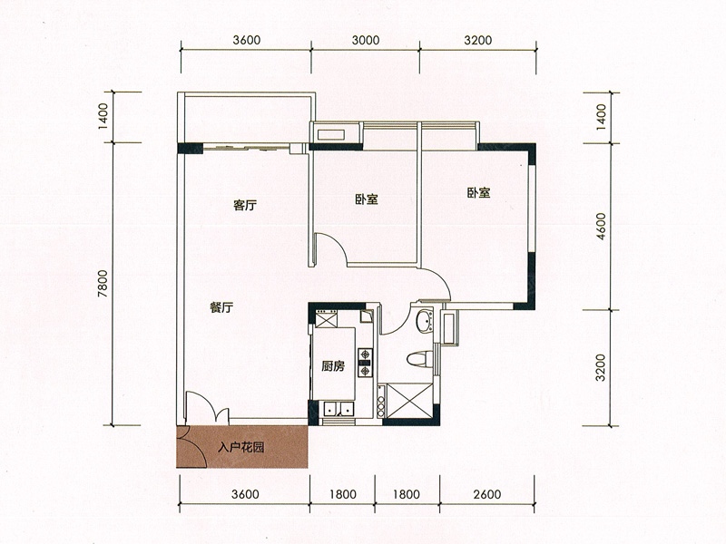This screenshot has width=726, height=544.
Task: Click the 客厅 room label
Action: tap(244, 205)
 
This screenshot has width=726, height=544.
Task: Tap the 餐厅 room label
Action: tap(221, 307)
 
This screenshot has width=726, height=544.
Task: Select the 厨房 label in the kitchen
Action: tap(333, 366)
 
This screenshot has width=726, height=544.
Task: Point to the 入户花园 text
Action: tap(241, 447)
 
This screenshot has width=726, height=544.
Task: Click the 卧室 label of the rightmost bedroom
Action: tap(479, 193)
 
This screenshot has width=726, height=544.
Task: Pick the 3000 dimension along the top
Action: tap(366, 40)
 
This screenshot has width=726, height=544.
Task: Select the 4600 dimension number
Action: tap(601, 226)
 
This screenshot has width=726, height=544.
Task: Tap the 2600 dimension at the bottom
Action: tap(487, 494)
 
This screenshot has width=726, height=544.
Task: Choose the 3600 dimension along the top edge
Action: tap(246, 40)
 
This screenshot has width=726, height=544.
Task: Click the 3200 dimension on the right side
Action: tap(601, 367)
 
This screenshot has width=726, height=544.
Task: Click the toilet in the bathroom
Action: tap(420, 359)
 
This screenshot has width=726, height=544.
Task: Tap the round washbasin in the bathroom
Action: tap(424, 321)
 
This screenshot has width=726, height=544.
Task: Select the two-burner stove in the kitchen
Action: tap(366, 363)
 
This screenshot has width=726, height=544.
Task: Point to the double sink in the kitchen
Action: tap(338, 409)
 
